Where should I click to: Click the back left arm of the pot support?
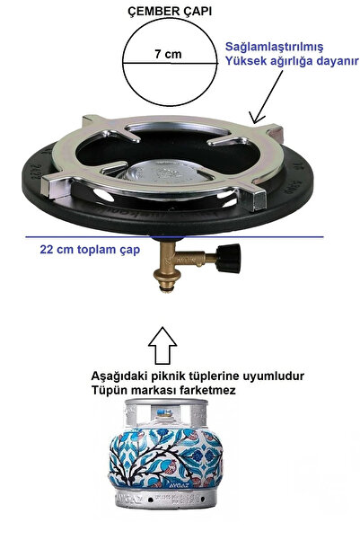pos(92,122)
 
